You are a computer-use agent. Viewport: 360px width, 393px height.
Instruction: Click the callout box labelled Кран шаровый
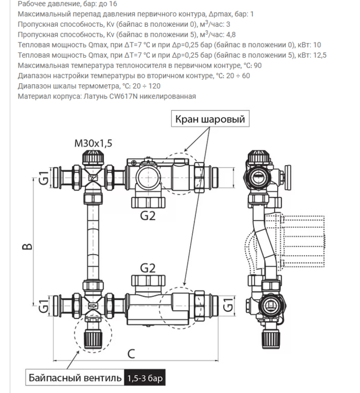(x=210, y=119)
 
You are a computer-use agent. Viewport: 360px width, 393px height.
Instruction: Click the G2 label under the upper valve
(x=148, y=215)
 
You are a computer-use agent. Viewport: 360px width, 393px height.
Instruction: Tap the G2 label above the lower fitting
(x=148, y=268)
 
